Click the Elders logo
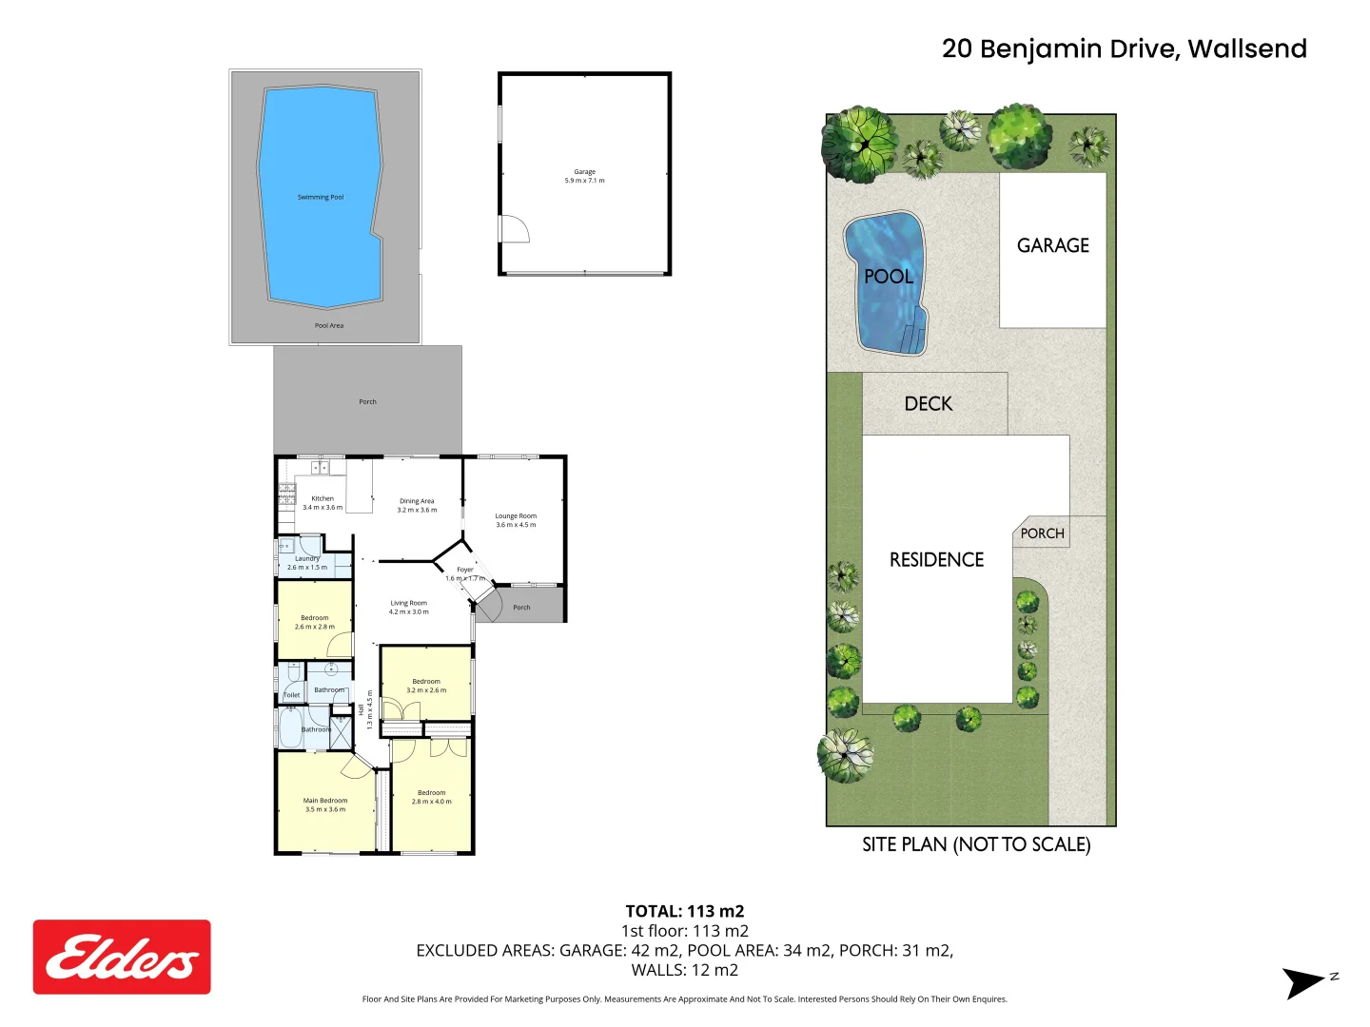point(122,957)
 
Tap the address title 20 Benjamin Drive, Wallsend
point(1124,48)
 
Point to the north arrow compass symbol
point(1306,982)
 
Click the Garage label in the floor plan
point(584,172)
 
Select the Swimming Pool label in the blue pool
point(321,197)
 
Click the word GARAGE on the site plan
point(1053,245)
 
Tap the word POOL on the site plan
point(888,277)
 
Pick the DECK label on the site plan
point(928,404)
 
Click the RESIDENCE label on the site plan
point(936,560)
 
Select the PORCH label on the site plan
point(1042,533)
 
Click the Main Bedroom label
point(325,801)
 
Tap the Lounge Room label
point(516,516)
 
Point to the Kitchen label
point(323,498)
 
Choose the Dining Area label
point(417,501)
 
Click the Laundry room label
point(306,559)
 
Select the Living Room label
point(408,603)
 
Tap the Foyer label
point(465,570)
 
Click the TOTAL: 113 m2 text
point(684,911)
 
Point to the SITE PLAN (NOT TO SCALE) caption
point(976,844)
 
